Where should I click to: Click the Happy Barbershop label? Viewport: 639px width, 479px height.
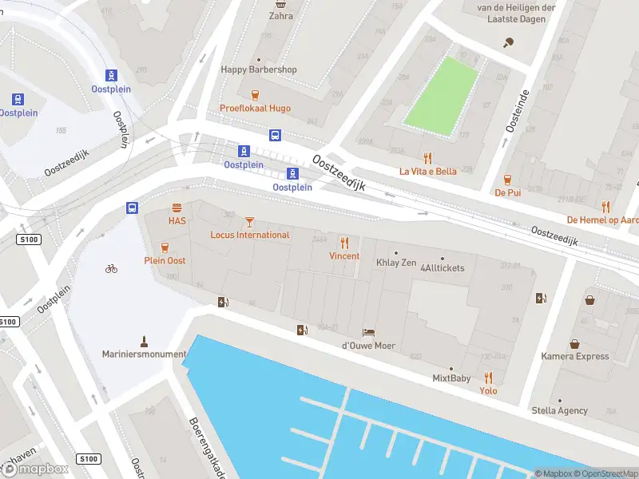[259, 69]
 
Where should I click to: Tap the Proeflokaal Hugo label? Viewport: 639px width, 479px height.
[256, 108]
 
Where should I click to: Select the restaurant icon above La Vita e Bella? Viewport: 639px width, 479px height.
[427, 157]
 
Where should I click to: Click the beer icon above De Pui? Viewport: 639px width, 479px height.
[507, 179]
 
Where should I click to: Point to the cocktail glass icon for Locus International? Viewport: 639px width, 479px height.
[249, 221]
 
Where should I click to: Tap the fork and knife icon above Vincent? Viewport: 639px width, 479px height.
[344, 243]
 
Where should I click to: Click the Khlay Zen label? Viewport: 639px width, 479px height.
[397, 262]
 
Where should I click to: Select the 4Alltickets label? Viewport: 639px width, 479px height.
[442, 267]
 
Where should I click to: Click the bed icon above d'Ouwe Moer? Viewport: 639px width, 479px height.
[368, 332]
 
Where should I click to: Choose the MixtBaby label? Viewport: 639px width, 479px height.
[451, 378]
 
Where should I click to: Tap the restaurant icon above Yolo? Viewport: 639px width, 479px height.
[488, 378]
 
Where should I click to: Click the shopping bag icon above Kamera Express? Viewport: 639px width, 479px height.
[590, 300]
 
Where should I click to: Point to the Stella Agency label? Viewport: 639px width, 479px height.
[560, 410]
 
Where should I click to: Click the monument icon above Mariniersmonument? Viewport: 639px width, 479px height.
[145, 340]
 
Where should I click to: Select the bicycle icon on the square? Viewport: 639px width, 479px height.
[111, 268]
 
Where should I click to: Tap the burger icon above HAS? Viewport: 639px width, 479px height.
[177, 207]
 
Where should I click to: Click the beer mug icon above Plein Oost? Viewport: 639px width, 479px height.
[165, 247]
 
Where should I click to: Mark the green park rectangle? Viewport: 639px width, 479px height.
[440, 93]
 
